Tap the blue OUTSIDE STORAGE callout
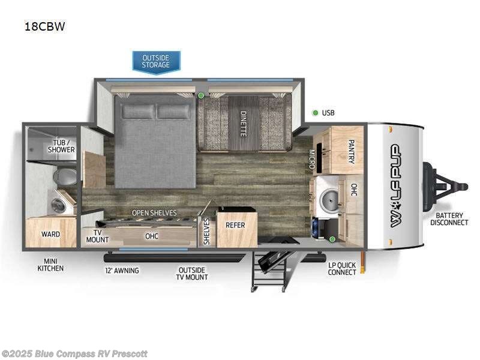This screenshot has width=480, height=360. click(156, 61)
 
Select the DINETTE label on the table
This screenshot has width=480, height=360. click(244, 124)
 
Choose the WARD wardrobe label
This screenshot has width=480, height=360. click(50, 234)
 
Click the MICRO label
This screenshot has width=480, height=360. click(312, 159)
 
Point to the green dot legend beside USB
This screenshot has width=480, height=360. click(314, 113)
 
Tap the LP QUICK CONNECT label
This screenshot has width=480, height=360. click(342, 268)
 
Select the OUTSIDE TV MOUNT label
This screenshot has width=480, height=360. click(193, 274)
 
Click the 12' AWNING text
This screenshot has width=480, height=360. click(122, 271)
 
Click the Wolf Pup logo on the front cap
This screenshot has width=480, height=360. click(397, 185)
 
